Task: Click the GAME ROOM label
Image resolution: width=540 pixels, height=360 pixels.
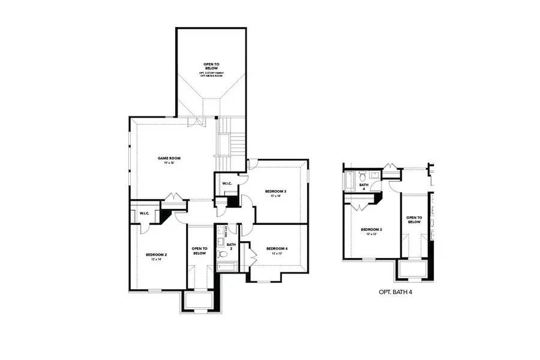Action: [169, 158]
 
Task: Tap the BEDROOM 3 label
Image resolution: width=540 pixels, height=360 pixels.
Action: [276, 191]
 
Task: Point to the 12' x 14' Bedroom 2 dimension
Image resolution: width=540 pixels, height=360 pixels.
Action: [156, 260]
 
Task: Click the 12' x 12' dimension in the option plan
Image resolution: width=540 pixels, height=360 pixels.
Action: [371, 235]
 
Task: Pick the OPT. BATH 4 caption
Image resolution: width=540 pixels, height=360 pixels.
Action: [395, 292]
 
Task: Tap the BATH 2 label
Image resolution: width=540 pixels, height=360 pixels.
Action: [231, 247]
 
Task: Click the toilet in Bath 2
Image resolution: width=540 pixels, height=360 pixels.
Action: [220, 243]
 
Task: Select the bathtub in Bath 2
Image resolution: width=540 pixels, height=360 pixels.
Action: [227, 265]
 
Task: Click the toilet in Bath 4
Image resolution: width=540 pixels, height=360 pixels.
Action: [362, 176]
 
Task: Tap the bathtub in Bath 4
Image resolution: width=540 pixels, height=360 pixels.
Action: [349, 179]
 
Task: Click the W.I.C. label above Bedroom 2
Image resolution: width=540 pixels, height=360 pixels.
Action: [145, 214]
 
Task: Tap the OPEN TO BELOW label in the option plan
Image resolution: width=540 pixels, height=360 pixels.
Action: [414, 220]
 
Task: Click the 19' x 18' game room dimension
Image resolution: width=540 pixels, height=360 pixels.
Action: [169, 163]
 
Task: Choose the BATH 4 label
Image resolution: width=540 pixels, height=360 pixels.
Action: [363, 187]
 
